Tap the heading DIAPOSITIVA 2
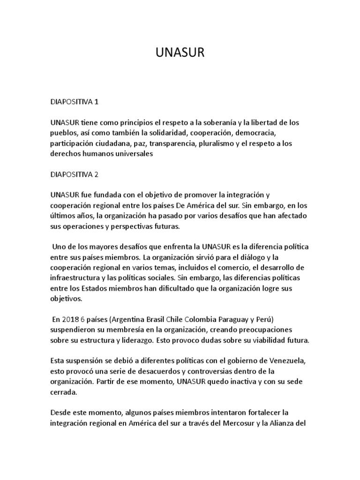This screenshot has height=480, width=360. tap(75, 174)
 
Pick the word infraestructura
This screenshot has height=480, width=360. tap(76, 278)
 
